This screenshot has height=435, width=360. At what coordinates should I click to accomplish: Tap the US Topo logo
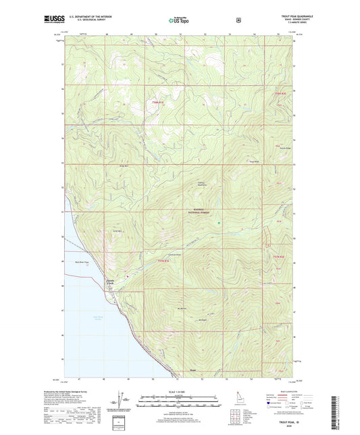point(179,20)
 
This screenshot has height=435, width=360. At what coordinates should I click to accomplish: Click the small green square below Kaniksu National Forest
point(218,224)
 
